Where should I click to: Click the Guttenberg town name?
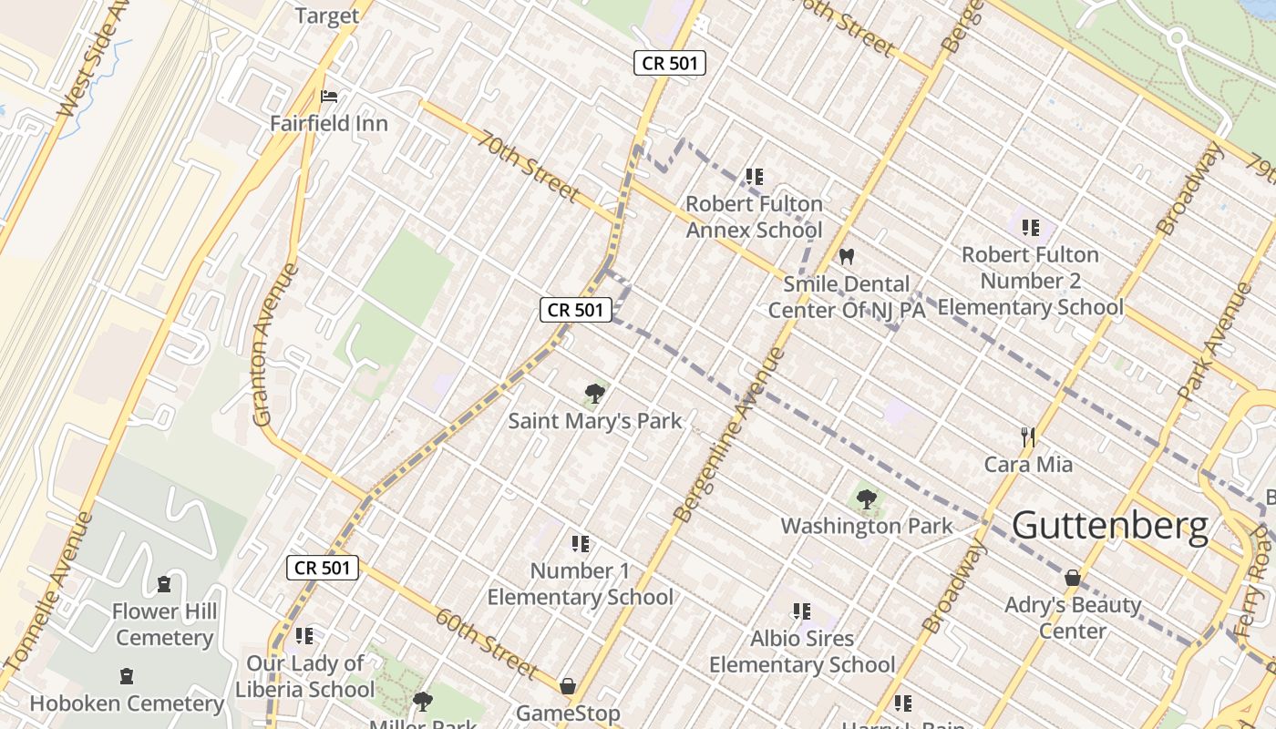[1110, 526]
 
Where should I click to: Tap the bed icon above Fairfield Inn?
[329, 97]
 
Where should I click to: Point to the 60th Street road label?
[486, 643]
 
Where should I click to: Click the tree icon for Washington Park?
[867, 499]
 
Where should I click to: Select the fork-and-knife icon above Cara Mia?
[1028, 437]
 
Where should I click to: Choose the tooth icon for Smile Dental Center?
[847, 258]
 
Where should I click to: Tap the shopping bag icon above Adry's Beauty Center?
[1073, 578]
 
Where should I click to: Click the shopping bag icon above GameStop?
[568, 685]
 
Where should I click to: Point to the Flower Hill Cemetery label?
[164, 624]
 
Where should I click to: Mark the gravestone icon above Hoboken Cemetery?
[127, 677]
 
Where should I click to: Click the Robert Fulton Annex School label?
[754, 217]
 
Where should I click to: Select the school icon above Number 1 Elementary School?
[580, 544]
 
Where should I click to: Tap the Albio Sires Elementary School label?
[802, 652]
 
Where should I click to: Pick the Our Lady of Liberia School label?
[304, 676]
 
